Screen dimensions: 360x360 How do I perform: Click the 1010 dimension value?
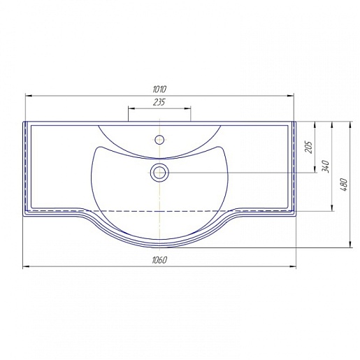tap(159, 89)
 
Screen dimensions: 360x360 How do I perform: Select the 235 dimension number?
tap(159, 102)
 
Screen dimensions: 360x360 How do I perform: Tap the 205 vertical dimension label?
tap(308, 147)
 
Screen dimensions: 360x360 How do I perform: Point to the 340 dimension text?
tap(326, 166)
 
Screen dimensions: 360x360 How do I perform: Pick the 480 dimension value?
tap(343, 185)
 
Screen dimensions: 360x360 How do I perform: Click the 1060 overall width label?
tap(159, 260)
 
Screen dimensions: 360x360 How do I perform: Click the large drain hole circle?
tap(159, 173)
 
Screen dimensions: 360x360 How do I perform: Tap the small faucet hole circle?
tap(159, 140)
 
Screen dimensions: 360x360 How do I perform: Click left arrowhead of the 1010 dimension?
tap(29, 96)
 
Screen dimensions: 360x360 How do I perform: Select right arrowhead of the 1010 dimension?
tap(290, 96)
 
